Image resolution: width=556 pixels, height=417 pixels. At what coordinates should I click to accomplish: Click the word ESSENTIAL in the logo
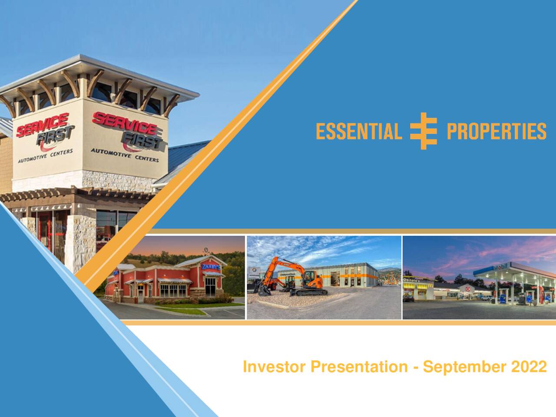pyautogui.click(x=359, y=131)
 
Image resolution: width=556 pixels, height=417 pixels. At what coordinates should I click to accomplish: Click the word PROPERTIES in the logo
pyautogui.click(x=496, y=131)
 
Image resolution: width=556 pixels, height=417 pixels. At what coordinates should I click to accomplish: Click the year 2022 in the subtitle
pyautogui.click(x=529, y=367)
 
